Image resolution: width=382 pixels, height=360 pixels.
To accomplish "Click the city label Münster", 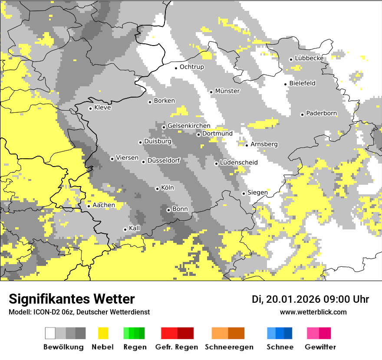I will (227, 91).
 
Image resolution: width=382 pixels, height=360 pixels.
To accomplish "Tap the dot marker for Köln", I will (157, 189).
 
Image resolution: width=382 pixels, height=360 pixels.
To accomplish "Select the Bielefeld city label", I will (302, 83).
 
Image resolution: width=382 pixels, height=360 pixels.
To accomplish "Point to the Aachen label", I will (104, 205).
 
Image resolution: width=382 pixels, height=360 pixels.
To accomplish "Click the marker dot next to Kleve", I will (90, 108).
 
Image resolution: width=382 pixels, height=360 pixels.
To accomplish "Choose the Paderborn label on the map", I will (321, 114).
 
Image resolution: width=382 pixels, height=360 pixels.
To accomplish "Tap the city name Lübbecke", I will (309, 58).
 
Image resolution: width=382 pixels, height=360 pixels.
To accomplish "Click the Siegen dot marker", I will (244, 193).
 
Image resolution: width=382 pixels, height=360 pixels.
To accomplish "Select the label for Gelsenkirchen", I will (189, 126).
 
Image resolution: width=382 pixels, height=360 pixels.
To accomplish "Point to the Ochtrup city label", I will (191, 67).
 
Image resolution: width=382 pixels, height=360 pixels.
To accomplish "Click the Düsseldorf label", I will (163, 161).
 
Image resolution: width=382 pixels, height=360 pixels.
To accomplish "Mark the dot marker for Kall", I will (125, 229).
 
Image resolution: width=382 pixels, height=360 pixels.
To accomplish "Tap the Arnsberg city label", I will (264, 144).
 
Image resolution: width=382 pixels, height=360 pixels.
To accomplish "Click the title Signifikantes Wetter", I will (72, 299).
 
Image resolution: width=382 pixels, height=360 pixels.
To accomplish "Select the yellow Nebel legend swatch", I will (103, 333).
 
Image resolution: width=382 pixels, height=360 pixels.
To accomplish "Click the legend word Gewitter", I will (320, 347).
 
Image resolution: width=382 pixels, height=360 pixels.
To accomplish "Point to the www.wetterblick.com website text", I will (313, 312).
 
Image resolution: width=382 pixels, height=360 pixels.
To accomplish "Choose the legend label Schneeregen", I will (229, 347).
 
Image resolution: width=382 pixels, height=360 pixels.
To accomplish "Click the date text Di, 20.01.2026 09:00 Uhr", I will (310, 299).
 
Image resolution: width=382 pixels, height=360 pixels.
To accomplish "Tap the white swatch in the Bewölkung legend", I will (50, 333).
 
